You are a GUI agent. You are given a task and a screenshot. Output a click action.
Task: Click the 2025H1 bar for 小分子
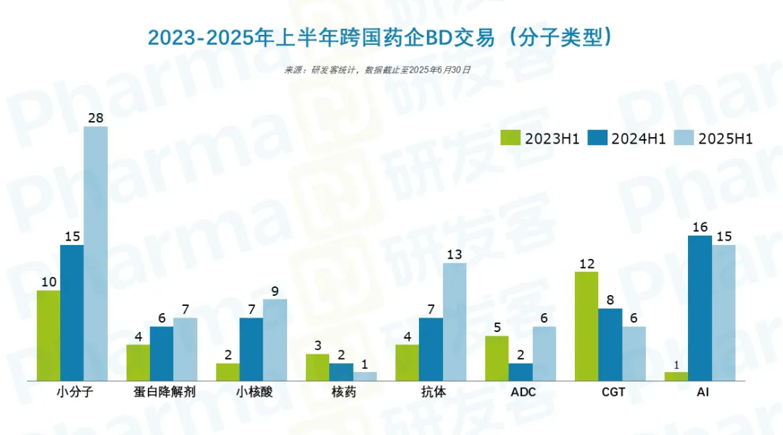pyautogui.click(x=96, y=254)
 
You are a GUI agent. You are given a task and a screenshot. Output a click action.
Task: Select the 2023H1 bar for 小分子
pyautogui.click(x=49, y=336)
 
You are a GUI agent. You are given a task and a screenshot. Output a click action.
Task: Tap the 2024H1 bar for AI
pyautogui.click(x=700, y=308)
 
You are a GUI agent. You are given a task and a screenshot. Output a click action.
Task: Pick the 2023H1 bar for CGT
pyautogui.click(x=586, y=326)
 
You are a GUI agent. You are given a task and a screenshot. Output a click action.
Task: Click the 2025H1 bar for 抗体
pyautogui.click(x=455, y=322)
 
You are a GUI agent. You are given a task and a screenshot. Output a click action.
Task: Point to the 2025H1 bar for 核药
pyautogui.click(x=365, y=376)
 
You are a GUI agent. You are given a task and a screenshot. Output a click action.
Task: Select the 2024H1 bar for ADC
pyautogui.click(x=521, y=372)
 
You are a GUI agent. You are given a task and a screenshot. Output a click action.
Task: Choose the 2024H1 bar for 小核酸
pyautogui.click(x=251, y=349)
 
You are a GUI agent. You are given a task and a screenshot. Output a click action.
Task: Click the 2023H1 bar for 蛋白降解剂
pyautogui.click(x=138, y=362)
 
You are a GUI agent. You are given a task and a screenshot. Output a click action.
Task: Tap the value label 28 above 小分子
pyautogui.click(x=96, y=117)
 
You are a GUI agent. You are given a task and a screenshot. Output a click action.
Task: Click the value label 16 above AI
pyautogui.click(x=700, y=227)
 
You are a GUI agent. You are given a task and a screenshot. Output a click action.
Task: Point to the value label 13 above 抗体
pyautogui.click(x=455, y=254)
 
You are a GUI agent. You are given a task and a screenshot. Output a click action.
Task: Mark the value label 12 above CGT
pyautogui.click(x=586, y=263)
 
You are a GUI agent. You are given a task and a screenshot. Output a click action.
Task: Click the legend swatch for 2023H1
pyautogui.click(x=511, y=138)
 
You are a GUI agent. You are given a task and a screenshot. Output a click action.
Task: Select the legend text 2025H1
pyautogui.click(x=725, y=139)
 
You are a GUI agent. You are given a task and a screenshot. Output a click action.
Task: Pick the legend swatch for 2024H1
pyautogui.click(x=597, y=138)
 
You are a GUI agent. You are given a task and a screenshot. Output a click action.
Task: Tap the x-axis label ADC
pyautogui.click(x=521, y=393)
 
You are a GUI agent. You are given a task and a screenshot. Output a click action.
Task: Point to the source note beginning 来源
pyautogui.click(x=377, y=70)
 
